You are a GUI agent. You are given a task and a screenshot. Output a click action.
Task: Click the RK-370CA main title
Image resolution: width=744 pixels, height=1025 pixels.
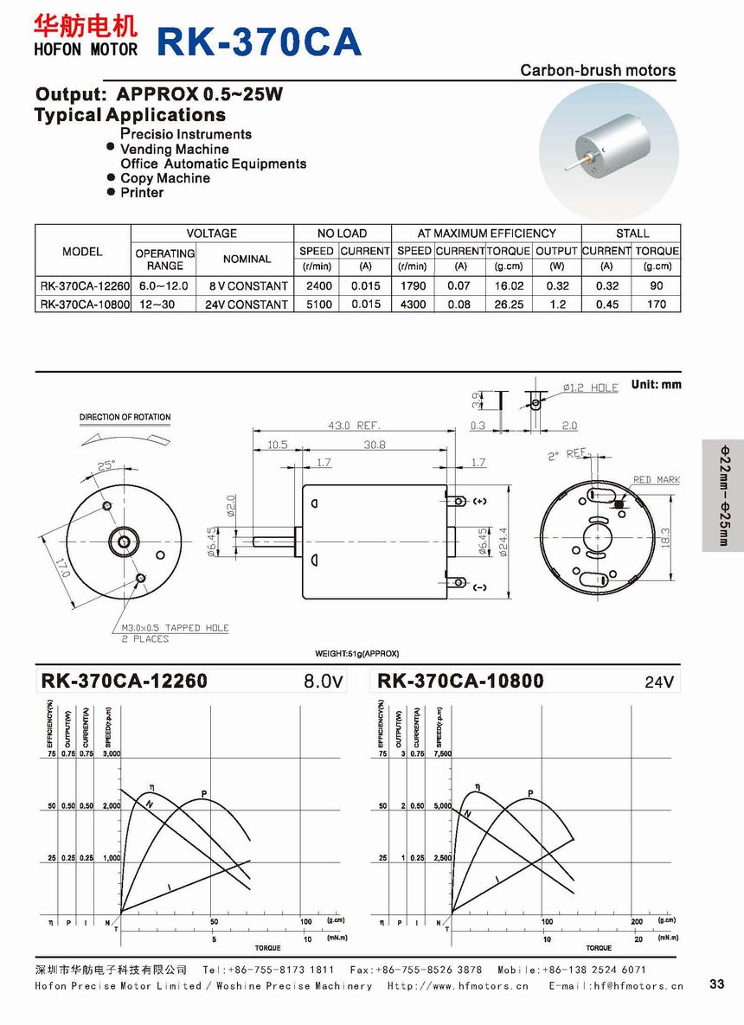coord(259,42)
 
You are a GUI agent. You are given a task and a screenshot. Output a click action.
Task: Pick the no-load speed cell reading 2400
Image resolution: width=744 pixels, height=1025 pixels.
coord(317,285)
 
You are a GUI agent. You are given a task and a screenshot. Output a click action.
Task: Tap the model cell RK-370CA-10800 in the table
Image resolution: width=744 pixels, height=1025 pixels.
coord(84,304)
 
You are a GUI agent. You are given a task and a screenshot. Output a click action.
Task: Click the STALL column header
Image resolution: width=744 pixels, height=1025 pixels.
coord(632,234)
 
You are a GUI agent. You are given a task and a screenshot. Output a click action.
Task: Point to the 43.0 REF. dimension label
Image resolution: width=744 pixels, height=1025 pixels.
coord(355,426)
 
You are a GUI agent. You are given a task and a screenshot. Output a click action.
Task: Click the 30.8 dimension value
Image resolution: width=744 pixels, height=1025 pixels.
coord(374,445)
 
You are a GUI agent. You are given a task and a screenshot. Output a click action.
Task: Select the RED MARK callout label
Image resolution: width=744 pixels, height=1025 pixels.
coord(656,480)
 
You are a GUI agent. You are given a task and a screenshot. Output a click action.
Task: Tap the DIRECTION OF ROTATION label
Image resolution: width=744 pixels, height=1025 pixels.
coord(125,417)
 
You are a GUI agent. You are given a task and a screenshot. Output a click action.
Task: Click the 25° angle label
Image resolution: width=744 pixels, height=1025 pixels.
coord(106,465)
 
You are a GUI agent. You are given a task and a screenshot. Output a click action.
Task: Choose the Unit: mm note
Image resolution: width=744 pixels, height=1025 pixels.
coord(656,384)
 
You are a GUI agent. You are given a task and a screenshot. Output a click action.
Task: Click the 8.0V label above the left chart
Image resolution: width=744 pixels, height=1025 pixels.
coord(324,682)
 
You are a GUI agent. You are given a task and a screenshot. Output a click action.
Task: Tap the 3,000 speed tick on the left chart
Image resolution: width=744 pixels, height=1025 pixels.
coord(112,754)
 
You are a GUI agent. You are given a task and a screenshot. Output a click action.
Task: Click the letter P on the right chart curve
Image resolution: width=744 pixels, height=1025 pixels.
coord(529,793)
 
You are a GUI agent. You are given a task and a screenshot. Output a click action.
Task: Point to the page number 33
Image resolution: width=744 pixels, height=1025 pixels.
coord(716,983)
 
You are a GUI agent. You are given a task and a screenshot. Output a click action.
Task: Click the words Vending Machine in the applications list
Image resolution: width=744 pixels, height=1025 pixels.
coord(174,149)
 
